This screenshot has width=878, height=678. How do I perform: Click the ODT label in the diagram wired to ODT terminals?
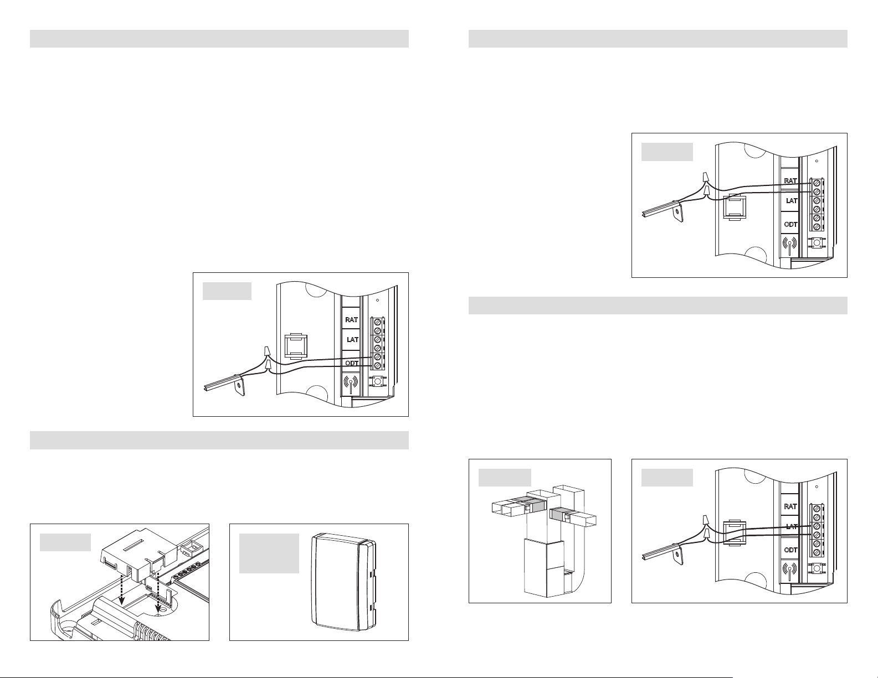[352, 363]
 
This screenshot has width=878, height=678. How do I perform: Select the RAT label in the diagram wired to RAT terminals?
[790, 181]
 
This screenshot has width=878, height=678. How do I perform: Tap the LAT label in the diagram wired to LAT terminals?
[791, 526]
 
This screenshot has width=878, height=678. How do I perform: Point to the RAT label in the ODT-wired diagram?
[351, 320]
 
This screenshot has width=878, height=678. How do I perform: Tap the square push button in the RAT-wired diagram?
[816, 243]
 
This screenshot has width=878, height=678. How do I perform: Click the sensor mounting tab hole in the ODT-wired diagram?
[239, 385]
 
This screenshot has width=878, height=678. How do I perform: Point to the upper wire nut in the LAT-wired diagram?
[706, 520]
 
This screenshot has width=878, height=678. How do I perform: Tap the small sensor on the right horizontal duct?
[568, 516]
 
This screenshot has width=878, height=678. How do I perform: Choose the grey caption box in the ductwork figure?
[505, 478]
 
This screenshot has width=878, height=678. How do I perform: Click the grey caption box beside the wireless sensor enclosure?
[269, 553]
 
